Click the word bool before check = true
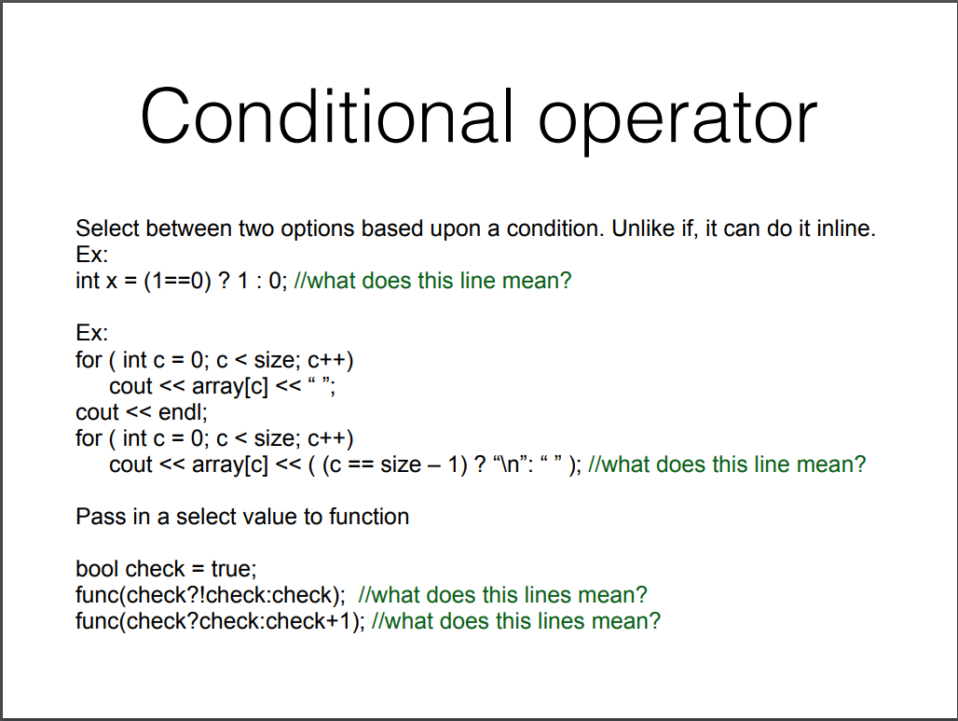[x=97, y=569]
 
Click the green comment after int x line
[x=431, y=281]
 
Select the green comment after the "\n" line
[x=727, y=464]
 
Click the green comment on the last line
[x=515, y=621]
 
